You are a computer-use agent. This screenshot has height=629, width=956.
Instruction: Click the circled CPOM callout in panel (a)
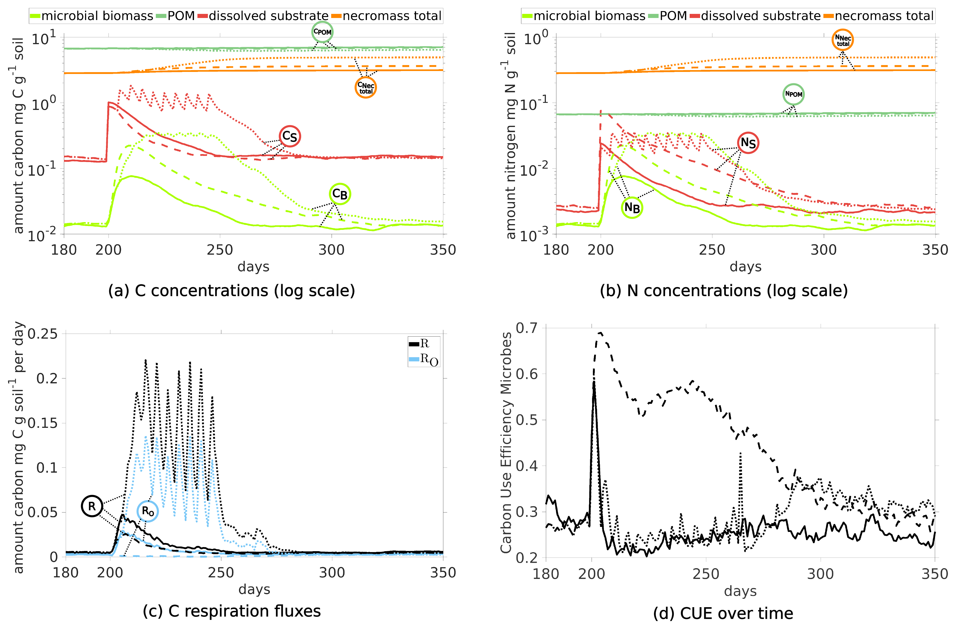click(x=322, y=32)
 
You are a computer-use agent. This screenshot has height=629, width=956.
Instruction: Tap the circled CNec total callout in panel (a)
click(x=366, y=87)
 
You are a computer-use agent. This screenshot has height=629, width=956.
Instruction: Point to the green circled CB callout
click(x=340, y=194)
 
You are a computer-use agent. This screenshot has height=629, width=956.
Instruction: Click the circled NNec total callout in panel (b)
click(x=842, y=40)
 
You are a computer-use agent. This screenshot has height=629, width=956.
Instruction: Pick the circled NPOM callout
click(x=793, y=94)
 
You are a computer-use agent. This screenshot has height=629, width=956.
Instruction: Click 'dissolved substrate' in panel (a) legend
click(x=268, y=16)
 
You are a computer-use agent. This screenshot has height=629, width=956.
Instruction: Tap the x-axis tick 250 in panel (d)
click(x=706, y=574)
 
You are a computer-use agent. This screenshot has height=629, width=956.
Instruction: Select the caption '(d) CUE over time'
click(x=723, y=613)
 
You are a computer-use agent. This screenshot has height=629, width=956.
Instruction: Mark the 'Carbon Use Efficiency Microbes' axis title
click(x=506, y=442)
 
